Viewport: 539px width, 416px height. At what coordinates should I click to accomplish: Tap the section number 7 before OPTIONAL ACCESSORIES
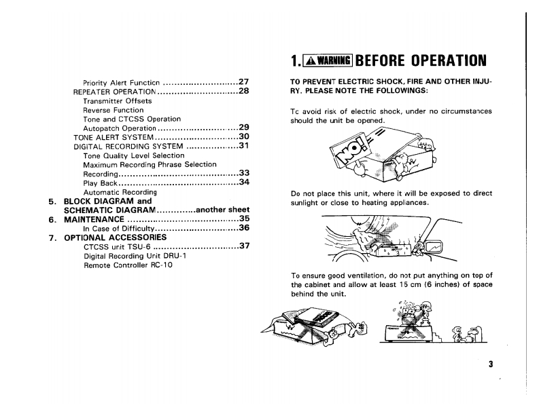(52, 238)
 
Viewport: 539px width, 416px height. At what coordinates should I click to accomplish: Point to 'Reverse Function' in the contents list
(113, 110)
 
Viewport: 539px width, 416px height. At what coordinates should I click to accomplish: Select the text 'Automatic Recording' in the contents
(120, 192)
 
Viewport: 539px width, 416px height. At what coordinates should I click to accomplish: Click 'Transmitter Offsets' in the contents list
(117, 100)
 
